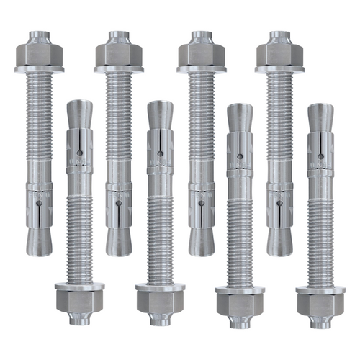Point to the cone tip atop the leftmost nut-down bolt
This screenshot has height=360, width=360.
click(x=79, y=114)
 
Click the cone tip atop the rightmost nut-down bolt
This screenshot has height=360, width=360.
click(x=320, y=117)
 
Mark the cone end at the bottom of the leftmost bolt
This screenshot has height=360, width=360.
click(x=38, y=241)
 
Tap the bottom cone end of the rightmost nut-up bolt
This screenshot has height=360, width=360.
click(x=279, y=241)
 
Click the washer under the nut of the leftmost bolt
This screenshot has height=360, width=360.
click(x=38, y=69)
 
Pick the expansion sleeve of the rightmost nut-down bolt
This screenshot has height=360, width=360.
click(x=320, y=153)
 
